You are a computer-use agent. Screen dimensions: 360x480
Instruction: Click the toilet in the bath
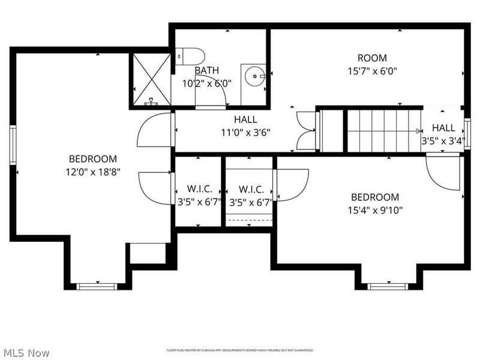point(191,56)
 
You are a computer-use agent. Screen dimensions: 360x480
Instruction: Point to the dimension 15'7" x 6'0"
point(371,71)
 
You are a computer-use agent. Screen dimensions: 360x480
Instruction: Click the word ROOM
point(372,58)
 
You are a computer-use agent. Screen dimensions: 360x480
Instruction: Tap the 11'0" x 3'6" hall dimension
point(245,132)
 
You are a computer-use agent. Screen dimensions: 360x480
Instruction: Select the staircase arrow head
point(418,131)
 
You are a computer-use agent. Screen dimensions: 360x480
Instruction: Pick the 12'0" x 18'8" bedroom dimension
point(92,173)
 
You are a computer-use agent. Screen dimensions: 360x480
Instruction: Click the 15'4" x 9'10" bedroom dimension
point(374,210)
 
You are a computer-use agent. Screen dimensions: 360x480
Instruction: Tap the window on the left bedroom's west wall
point(12,144)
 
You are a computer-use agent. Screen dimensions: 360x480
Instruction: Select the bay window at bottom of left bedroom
point(96,286)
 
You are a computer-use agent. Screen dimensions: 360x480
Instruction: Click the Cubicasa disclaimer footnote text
point(240,350)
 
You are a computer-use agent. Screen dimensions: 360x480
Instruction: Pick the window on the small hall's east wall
point(467,128)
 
